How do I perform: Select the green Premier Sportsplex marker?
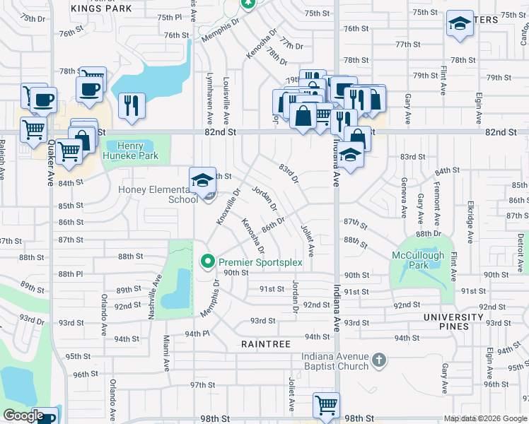point(207,262)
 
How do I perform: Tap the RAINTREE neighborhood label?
point(265,343)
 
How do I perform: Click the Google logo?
point(23,416)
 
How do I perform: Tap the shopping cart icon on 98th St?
point(326,405)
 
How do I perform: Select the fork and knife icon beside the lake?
point(132,105)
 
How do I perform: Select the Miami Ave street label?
point(167,353)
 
